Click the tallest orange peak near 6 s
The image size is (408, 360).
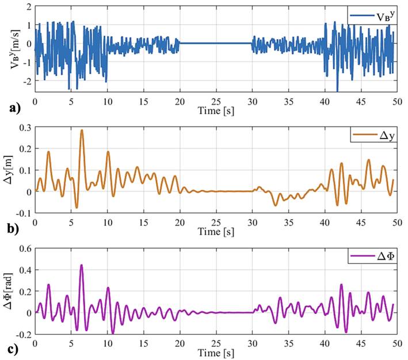tap(82, 131)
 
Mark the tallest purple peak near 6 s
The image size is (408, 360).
tap(82, 265)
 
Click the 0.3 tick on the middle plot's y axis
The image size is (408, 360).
tap(24, 127)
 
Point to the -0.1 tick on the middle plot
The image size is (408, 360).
tap(22, 213)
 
